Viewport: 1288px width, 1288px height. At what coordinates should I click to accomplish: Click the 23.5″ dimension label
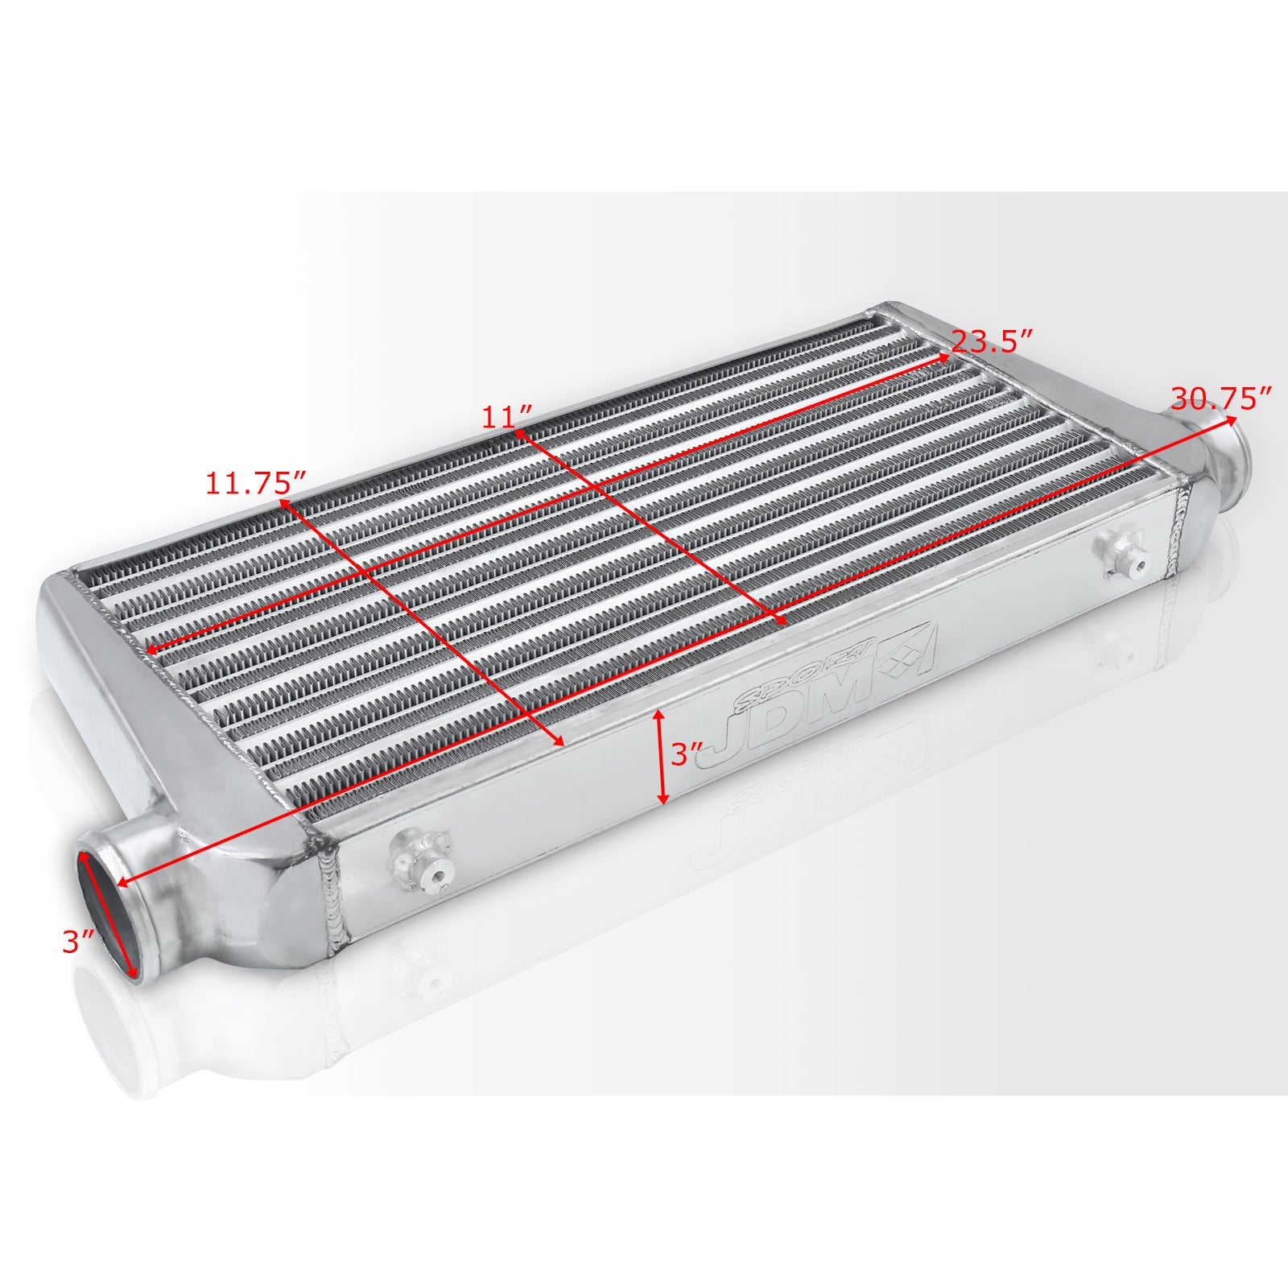[992, 341]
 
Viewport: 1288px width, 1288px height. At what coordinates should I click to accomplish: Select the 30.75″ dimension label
[1221, 398]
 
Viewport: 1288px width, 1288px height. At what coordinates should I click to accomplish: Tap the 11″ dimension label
[507, 417]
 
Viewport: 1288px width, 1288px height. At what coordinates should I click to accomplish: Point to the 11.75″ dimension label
[256, 483]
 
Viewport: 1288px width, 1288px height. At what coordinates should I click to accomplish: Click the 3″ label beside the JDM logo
[687, 754]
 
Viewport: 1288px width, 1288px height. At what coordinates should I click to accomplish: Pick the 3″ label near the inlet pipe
[79, 942]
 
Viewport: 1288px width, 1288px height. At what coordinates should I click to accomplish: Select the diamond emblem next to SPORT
[906, 652]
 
